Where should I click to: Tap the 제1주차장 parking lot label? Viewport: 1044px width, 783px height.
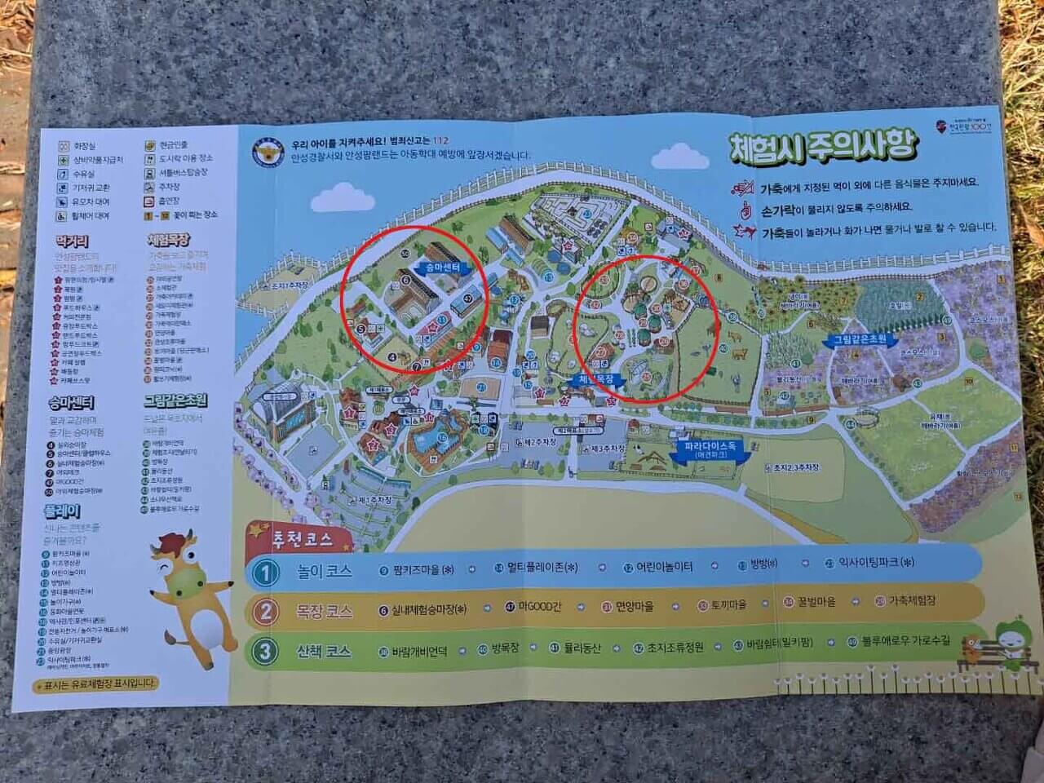point(374,499)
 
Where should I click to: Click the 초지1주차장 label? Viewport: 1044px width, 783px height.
point(290,287)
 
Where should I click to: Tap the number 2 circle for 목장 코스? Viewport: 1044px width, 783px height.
point(265,611)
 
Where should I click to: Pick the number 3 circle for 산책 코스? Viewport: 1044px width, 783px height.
point(265,651)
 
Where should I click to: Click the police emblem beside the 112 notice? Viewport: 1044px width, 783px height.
point(265,148)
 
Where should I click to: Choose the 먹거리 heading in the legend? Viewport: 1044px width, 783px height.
point(72,241)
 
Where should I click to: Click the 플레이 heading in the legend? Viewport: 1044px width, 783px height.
point(62,512)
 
